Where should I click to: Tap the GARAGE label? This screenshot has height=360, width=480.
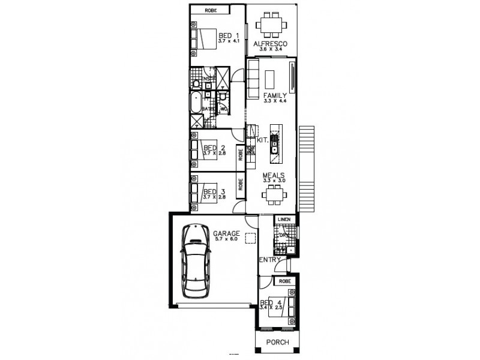(226, 233)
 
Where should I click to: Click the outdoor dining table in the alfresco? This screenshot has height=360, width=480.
(271, 26)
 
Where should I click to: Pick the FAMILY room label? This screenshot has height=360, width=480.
(275, 96)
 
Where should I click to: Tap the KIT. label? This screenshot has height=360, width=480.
(262, 140)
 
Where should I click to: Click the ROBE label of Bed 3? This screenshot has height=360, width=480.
(240, 183)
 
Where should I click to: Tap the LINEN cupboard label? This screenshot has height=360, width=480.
(285, 220)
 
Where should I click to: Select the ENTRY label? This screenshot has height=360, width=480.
(270, 259)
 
